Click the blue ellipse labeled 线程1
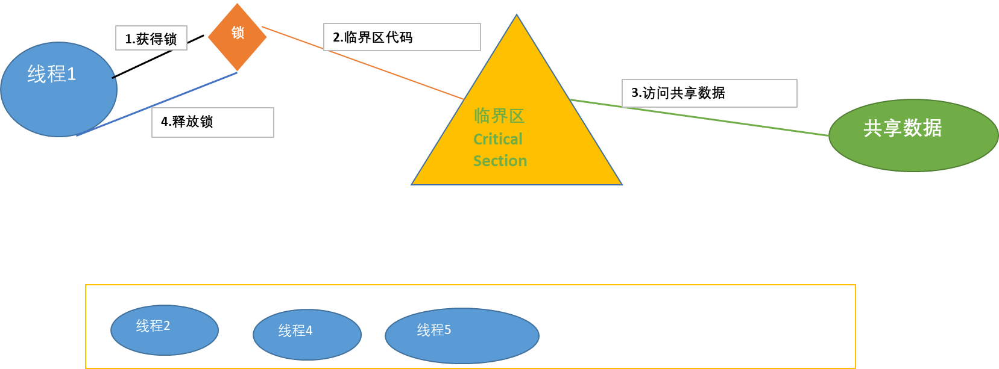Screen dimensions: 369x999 [58, 89]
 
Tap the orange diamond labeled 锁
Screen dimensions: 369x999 [238, 36]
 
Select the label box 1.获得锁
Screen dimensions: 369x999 [151, 39]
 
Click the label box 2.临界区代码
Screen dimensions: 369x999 [402, 37]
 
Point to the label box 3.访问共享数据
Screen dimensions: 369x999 [709, 93]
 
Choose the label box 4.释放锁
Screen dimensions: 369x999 [212, 122]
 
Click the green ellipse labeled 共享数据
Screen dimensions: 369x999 [913, 135]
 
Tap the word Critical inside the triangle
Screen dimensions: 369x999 [497, 139]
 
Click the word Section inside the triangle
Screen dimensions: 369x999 [500, 161]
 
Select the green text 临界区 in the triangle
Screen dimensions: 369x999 [499, 116]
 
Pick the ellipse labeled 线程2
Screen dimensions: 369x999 [165, 330]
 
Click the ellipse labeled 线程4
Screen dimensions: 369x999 [307, 335]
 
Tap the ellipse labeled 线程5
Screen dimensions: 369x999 [462, 336]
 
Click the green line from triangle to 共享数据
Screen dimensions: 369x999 [699, 117]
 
